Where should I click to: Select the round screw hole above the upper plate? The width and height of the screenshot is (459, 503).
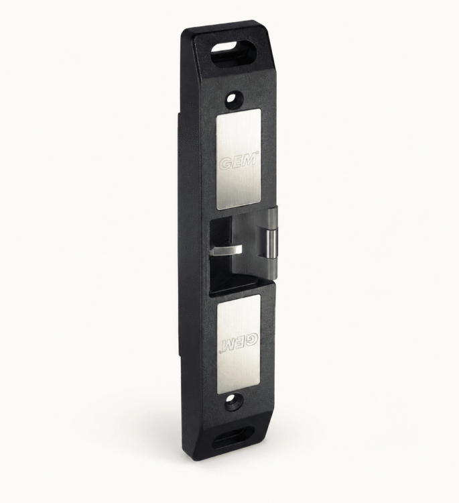pyautogui.click(x=235, y=97)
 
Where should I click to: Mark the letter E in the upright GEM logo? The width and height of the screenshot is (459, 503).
pyautogui.click(x=238, y=162)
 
